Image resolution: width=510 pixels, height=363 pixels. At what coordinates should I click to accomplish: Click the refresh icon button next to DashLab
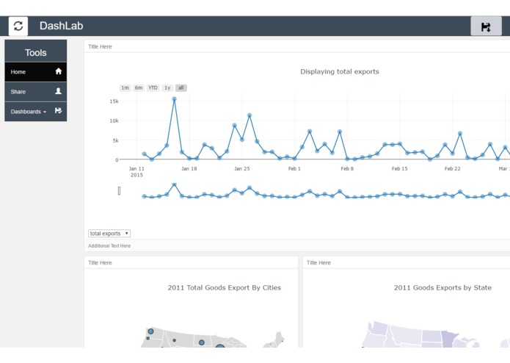pyautogui.click(x=18, y=26)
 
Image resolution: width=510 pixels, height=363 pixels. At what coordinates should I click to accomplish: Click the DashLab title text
pyautogui.click(x=61, y=26)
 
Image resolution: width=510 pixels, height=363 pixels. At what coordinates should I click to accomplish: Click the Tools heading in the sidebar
pyautogui.click(x=35, y=52)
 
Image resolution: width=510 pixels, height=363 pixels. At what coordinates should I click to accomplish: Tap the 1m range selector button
pyautogui.click(x=125, y=88)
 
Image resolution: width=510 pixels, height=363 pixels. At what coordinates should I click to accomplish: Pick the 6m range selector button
pyautogui.click(x=139, y=88)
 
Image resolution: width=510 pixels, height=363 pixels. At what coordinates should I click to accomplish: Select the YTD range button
pyautogui.click(x=153, y=88)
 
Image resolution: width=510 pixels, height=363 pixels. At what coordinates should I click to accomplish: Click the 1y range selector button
pyautogui.click(x=167, y=88)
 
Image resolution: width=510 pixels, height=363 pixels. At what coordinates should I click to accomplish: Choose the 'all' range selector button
pyautogui.click(x=181, y=88)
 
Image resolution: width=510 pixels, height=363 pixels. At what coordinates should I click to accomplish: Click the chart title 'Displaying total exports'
pyautogui.click(x=339, y=72)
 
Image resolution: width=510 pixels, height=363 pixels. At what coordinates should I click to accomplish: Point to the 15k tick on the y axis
pyautogui.click(x=114, y=101)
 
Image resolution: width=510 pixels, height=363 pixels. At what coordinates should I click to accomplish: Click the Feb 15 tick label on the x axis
pyautogui.click(x=399, y=169)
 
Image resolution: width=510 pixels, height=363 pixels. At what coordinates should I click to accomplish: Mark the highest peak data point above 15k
pyautogui.click(x=174, y=99)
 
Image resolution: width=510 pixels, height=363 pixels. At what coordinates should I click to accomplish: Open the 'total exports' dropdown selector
pyautogui.click(x=109, y=234)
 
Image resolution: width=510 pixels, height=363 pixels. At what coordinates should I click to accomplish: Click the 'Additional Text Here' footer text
pyautogui.click(x=109, y=246)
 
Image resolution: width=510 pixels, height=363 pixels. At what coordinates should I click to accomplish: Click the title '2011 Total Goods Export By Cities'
pyautogui.click(x=224, y=288)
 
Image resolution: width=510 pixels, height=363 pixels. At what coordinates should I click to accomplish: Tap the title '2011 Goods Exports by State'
pyautogui.click(x=442, y=288)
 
